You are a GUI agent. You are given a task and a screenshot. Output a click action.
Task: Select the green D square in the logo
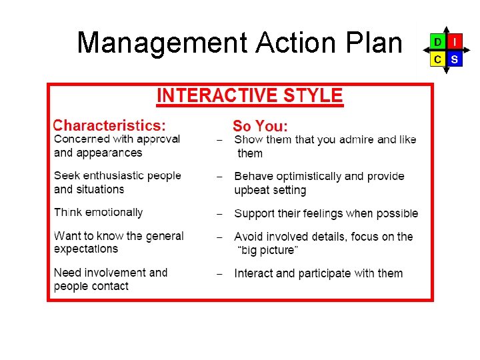coord(437,42)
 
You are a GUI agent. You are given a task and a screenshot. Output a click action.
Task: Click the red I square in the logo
coord(454,42)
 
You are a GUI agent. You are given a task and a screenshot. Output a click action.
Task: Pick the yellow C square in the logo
coord(437,59)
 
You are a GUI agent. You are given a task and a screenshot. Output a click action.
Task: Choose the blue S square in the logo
coord(454,59)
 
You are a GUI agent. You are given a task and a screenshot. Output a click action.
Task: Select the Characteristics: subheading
coord(109,125)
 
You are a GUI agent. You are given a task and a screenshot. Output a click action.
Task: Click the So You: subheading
coord(260,126)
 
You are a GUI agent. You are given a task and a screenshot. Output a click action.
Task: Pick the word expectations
coord(86,249)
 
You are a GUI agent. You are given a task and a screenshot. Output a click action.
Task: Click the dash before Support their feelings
coord(219,214)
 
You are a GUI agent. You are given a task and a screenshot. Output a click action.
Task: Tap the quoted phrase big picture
coord(268,251)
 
